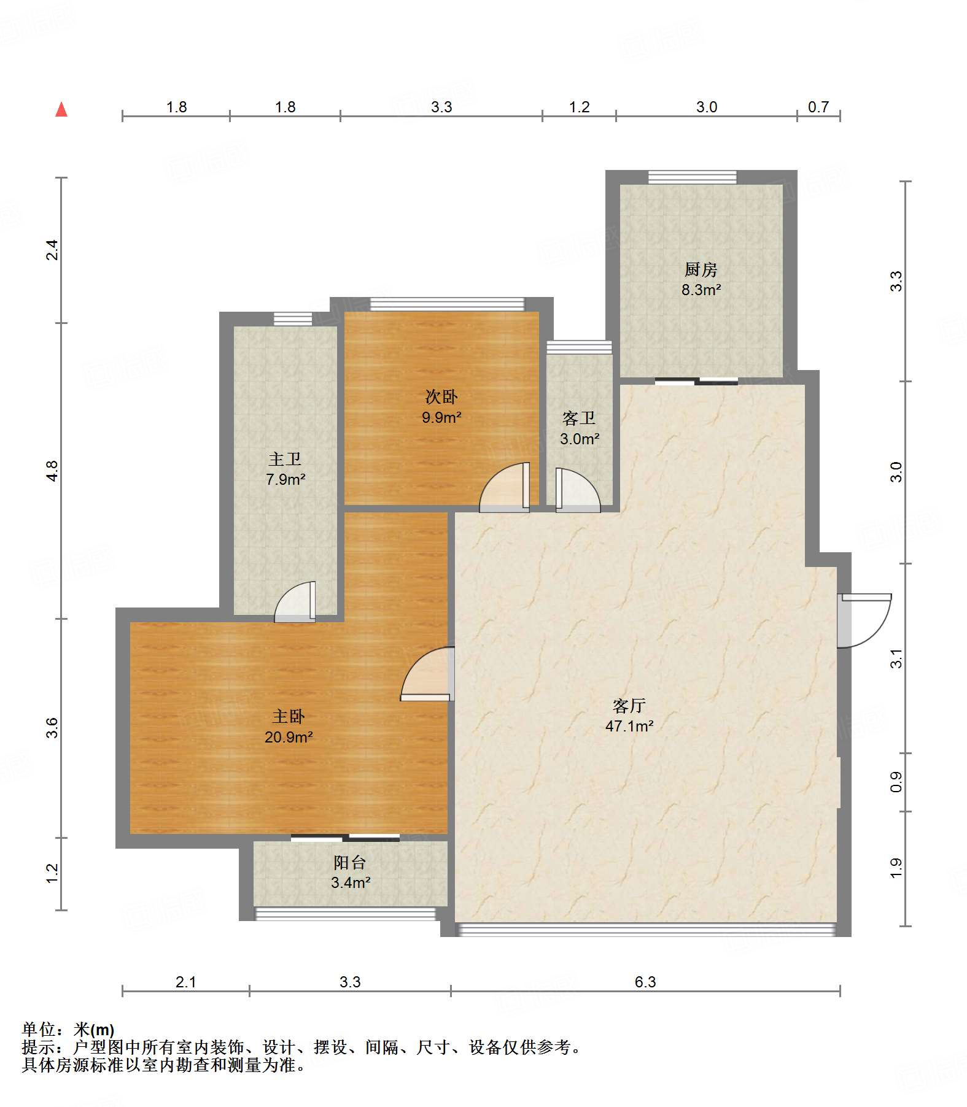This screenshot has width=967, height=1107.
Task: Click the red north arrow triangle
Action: (x=61, y=109)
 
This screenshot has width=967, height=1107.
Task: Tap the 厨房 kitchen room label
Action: (x=701, y=269)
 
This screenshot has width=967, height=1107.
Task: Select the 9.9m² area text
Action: (x=441, y=418)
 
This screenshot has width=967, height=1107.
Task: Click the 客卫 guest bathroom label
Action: (x=579, y=418)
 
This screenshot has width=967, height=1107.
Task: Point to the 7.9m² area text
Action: (x=285, y=480)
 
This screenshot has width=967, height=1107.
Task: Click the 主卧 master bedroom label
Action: (x=289, y=716)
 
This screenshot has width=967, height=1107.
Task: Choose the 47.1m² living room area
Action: (x=629, y=727)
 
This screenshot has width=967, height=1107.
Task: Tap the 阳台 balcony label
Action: (x=350, y=863)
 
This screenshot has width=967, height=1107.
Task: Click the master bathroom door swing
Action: (x=295, y=601)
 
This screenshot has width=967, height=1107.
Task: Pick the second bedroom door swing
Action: (x=504, y=487)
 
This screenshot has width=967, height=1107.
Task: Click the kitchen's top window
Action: (x=693, y=177)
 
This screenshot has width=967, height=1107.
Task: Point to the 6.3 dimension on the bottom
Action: (x=645, y=982)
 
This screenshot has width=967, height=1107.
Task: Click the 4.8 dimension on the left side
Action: (x=52, y=471)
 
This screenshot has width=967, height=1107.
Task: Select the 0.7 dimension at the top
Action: (x=818, y=107)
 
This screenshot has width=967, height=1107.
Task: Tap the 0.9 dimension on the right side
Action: (x=896, y=782)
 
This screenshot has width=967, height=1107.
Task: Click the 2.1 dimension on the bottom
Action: (x=186, y=982)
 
